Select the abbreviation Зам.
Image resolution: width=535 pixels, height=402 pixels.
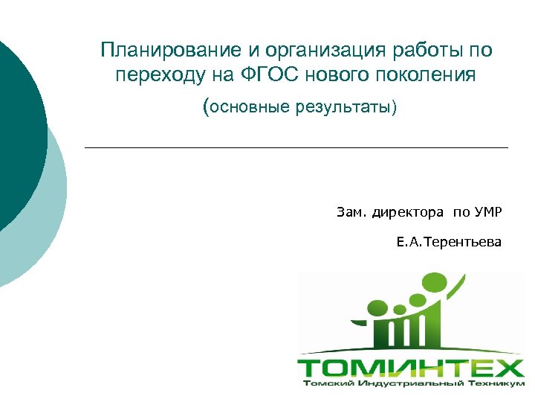[348, 213]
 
